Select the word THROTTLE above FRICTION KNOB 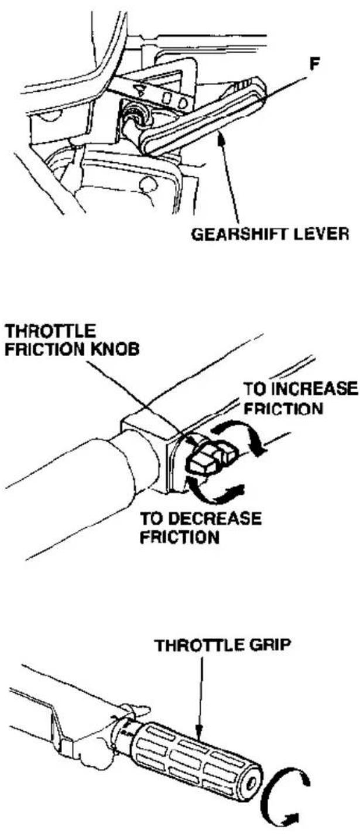50,331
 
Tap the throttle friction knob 210,456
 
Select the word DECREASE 217,519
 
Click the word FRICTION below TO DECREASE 179,537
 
